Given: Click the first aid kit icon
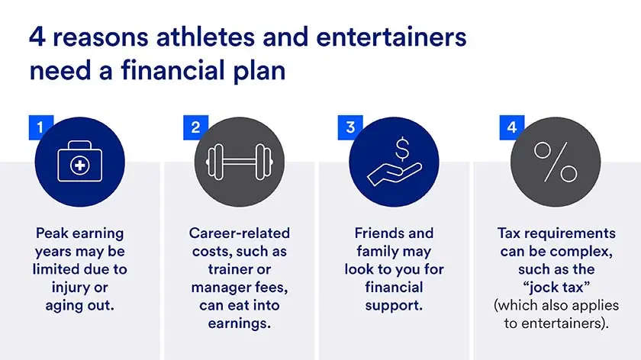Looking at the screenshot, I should tap(79, 165).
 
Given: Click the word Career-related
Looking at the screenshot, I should tap(240, 233).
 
